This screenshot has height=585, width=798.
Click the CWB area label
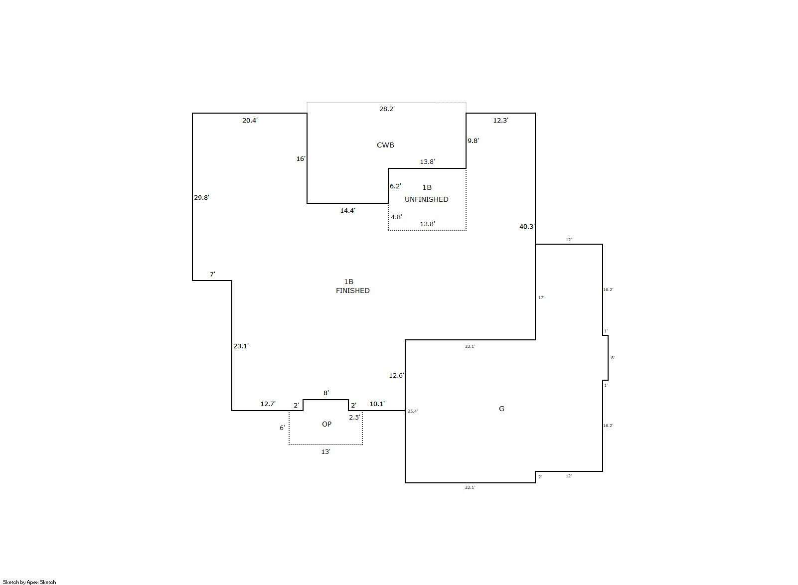click(x=385, y=145)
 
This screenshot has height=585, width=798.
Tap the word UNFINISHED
click(x=426, y=199)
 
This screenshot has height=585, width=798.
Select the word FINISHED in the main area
click(x=352, y=291)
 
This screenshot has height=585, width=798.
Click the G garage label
click(x=501, y=409)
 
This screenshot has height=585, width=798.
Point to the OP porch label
click(x=326, y=424)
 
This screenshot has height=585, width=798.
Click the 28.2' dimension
click(x=386, y=109)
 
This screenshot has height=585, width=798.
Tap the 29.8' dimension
click(x=201, y=197)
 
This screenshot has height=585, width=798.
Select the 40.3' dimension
click(x=527, y=226)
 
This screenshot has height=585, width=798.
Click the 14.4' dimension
click(x=347, y=210)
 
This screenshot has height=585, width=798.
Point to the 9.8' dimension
click(x=473, y=141)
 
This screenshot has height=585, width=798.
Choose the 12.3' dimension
click(x=500, y=121)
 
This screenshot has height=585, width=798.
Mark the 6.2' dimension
click(x=395, y=186)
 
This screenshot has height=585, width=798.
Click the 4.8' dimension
click(x=396, y=217)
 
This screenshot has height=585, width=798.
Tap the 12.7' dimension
click(x=268, y=404)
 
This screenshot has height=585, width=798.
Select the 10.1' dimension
click(x=377, y=404)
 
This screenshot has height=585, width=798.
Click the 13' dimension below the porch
click(x=325, y=451)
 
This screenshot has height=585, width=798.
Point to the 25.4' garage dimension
click(x=413, y=411)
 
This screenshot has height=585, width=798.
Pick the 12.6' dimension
click(x=396, y=375)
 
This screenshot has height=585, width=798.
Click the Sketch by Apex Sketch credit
click(x=29, y=582)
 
